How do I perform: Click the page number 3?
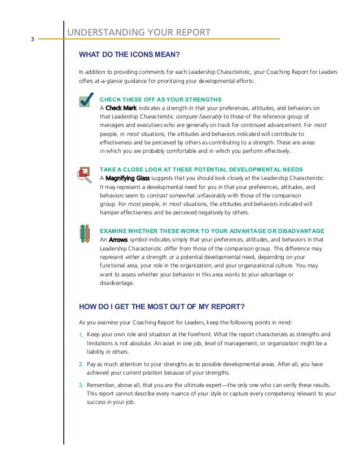tap(33, 39)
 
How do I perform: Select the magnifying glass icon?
tap(86, 174)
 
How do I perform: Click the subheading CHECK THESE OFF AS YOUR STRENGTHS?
tap(156, 99)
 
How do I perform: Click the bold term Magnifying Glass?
tap(127, 178)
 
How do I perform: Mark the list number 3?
tap(81, 385)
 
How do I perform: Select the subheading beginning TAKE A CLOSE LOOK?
tap(201, 169)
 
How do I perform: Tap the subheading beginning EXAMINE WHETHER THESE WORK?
tap(212, 231)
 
